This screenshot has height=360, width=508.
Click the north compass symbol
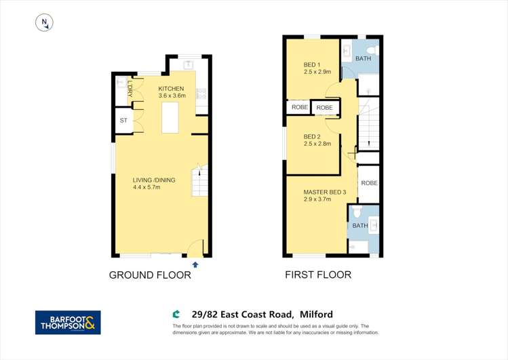44,22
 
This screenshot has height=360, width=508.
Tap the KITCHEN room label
171,89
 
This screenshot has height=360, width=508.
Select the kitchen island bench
170,117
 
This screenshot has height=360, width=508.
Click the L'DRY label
130,89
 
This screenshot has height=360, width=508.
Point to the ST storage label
123,121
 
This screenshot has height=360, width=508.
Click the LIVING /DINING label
154,180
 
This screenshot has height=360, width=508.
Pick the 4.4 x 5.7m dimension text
146,187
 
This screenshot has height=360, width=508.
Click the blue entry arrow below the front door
195,265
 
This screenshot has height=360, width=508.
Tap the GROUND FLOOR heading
150,275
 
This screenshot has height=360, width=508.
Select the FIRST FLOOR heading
318,275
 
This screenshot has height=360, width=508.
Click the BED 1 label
312,65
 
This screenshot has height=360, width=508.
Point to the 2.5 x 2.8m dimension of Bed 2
317,144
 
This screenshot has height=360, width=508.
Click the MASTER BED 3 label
325,193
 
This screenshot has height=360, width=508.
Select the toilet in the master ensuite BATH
357,212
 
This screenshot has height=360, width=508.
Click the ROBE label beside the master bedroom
370,183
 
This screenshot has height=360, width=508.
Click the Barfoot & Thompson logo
68,323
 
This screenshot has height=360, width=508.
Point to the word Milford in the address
316,315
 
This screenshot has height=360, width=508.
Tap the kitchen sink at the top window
189,65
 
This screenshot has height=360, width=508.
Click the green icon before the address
176,314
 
